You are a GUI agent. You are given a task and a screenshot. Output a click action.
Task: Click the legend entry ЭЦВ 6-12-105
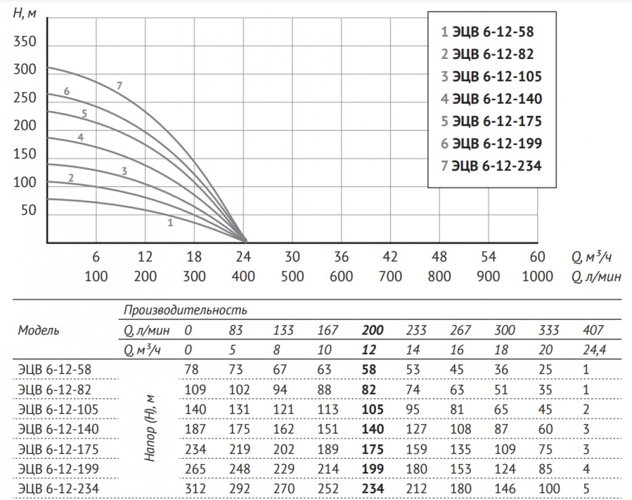(491, 77)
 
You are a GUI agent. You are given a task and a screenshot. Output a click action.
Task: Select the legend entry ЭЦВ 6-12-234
(491, 166)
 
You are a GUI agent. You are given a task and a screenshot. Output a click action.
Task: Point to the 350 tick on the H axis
(25, 42)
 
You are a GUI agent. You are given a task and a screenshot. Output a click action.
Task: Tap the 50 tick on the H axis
(28, 211)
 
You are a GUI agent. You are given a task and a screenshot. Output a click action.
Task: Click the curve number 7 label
(120, 85)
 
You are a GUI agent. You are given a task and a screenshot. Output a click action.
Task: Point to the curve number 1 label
(170, 223)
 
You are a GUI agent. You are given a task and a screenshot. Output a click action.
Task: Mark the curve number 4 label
(81, 137)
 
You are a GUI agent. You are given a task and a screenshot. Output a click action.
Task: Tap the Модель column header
(39, 331)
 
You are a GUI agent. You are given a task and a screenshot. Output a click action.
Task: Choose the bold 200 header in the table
(372, 331)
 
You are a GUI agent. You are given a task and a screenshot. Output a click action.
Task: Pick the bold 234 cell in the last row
(372, 489)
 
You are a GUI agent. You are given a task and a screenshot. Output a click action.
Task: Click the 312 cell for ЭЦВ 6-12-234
(195, 489)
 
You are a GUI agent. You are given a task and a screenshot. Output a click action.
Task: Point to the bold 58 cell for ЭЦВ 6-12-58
(369, 369)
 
